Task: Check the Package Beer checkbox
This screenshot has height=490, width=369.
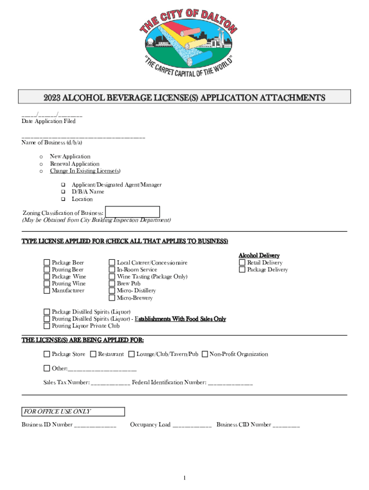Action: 46,263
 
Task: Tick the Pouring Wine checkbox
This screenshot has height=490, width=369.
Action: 46,283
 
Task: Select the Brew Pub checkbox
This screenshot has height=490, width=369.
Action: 112,283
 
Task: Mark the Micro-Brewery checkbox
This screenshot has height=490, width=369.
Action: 112,298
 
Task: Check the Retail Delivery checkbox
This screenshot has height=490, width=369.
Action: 242,263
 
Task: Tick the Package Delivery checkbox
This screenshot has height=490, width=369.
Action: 242,269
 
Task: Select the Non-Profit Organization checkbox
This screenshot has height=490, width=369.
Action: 205,354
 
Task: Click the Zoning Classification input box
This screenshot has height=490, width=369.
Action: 132,212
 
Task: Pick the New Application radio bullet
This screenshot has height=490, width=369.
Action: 42,157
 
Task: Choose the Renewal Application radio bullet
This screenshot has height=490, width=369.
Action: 42,164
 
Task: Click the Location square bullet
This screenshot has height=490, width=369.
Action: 62,199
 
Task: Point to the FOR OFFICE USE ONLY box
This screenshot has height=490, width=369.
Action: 73,412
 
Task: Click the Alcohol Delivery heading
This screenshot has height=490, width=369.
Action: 259,256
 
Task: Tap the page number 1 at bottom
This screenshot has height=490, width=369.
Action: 184,478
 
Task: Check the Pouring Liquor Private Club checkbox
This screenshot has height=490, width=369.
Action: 46,326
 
